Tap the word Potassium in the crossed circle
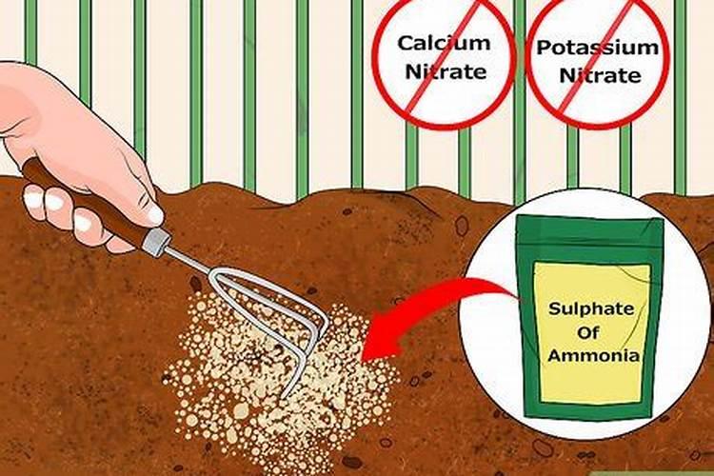(x=598, y=48)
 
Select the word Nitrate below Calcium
(x=446, y=71)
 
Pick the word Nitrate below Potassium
(x=600, y=75)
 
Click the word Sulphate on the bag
(x=591, y=309)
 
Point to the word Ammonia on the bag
(x=593, y=355)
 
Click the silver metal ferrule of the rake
(x=156, y=241)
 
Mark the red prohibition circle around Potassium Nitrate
(x=598, y=62)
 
